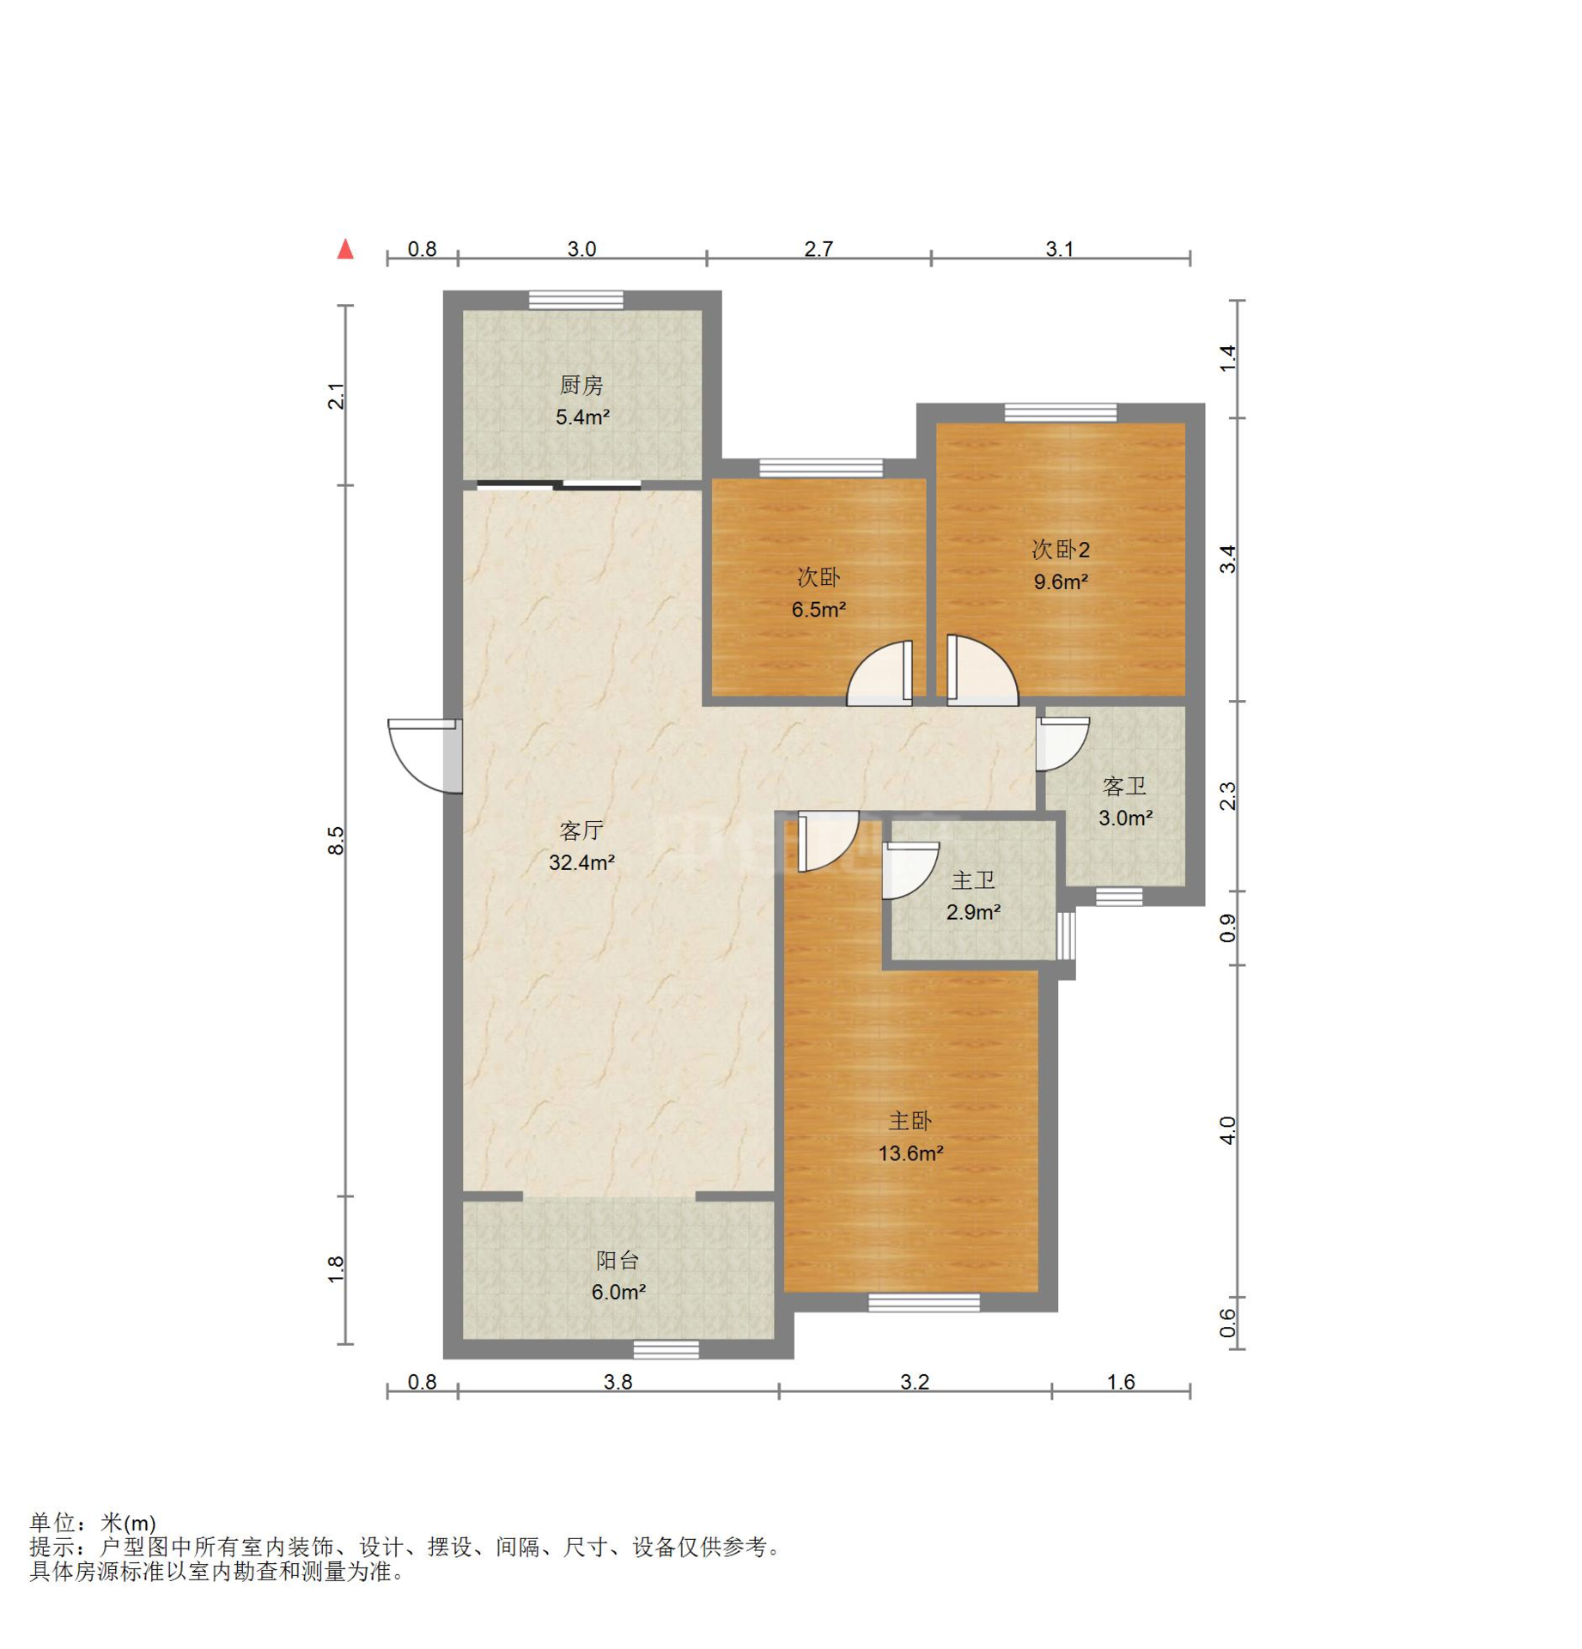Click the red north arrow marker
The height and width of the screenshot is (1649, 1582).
tap(344, 248)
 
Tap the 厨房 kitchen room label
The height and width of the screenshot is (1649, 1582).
tap(581, 385)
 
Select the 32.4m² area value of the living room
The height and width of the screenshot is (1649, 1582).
tap(581, 861)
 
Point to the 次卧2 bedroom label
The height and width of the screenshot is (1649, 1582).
tap(1060, 549)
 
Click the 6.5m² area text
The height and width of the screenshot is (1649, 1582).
tap(818, 609)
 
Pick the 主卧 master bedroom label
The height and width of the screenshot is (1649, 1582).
tap(910, 1120)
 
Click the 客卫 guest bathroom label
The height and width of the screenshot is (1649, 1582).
tap(1123, 785)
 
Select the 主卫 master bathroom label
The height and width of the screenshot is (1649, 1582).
tap(973, 879)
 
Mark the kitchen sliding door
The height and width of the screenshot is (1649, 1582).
tap(558, 484)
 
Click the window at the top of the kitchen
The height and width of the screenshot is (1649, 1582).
tap(575, 299)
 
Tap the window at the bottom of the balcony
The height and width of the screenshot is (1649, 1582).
tap(666, 1349)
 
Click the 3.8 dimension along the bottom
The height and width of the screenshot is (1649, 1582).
tap(618, 1381)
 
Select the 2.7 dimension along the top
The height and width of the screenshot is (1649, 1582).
tap(818, 248)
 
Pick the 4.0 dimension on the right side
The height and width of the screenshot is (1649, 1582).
tap(1227, 1129)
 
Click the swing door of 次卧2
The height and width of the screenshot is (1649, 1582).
tap(982, 670)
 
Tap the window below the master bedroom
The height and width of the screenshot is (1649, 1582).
tap(923, 1302)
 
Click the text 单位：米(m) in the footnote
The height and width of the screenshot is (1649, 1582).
tap(93, 1522)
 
